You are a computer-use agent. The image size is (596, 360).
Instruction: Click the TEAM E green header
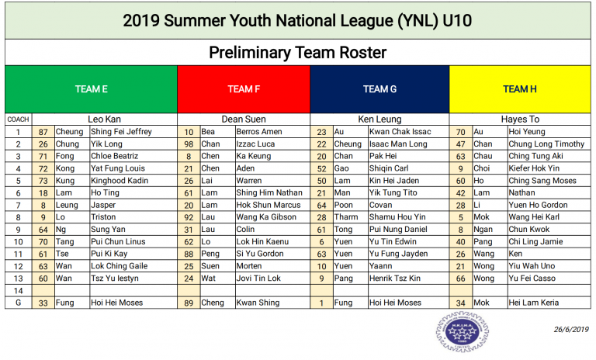click(x=92, y=89)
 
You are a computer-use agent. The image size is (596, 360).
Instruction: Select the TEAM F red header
click(x=244, y=89)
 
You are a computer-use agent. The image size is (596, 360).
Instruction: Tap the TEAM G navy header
click(x=379, y=89)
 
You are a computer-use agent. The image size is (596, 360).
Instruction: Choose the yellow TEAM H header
click(x=520, y=89)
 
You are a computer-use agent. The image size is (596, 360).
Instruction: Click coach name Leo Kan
click(x=104, y=119)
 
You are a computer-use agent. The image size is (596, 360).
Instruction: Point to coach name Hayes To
click(x=520, y=119)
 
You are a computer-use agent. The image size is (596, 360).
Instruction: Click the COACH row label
click(x=19, y=119)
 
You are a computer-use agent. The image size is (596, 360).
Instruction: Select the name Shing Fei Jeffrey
click(x=121, y=132)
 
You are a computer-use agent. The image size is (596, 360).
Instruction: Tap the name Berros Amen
click(x=259, y=132)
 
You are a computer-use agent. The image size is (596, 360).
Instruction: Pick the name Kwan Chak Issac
click(x=400, y=132)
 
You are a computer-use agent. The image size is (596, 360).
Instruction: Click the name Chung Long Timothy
click(x=546, y=144)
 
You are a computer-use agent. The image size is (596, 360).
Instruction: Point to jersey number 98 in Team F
click(x=189, y=144)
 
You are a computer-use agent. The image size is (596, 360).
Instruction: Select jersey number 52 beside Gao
click(x=321, y=169)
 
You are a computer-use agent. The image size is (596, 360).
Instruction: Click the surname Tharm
click(x=346, y=217)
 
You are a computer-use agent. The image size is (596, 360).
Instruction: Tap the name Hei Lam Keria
click(x=534, y=303)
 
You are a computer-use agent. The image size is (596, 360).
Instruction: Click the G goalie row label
click(x=19, y=303)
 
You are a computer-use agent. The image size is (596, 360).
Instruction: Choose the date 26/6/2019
click(x=571, y=330)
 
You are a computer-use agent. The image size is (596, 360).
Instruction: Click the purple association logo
click(x=463, y=331)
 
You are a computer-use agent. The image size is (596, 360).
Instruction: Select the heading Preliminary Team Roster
click(x=298, y=53)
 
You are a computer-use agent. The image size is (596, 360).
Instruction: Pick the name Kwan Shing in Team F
click(x=258, y=303)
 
